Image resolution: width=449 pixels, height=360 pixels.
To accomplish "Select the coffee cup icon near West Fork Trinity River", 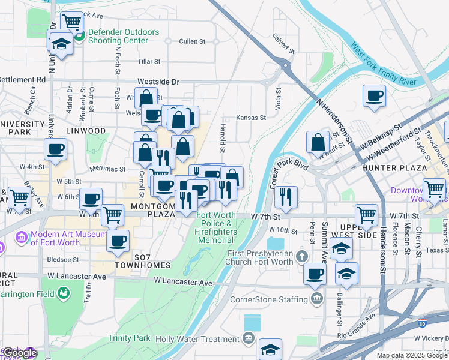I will click(375, 96).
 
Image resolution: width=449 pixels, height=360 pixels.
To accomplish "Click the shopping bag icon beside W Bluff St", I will click(318, 143).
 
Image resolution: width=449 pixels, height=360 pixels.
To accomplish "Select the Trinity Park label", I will click(133, 338).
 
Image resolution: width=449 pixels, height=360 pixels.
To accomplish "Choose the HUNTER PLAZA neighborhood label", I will click(394, 168).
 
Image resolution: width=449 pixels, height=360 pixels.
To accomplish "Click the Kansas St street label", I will click(251, 118).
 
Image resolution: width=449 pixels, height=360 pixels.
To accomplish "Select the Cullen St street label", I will click(192, 41).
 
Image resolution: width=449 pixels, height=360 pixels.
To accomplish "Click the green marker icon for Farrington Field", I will click(63, 293).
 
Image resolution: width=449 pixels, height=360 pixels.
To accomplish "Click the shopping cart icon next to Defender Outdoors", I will click(72, 22).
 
